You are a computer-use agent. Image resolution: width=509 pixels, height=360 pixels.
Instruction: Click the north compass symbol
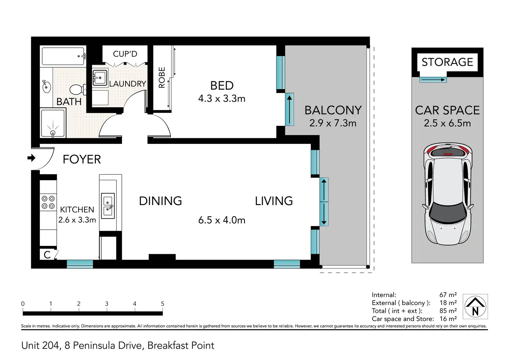point(475,306)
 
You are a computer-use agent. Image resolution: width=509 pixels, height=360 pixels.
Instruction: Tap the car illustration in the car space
point(448,194)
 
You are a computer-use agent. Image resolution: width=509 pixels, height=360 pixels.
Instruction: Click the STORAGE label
point(447,62)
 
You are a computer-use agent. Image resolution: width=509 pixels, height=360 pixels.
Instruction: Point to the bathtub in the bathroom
point(63,56)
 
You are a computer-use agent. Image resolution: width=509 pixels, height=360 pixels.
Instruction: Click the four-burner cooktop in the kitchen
point(48,202)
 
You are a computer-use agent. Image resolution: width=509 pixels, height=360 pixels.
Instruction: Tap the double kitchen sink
point(108,206)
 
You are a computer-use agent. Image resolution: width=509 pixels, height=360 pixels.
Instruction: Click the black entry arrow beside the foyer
point(31,158)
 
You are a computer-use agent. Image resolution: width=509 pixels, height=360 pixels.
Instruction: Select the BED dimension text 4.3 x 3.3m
point(222,99)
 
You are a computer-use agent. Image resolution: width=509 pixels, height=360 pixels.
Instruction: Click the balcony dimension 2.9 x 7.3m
point(333,123)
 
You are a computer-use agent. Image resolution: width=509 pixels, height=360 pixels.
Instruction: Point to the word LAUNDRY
point(128,84)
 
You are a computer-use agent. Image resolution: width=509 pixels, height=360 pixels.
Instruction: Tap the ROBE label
point(162,77)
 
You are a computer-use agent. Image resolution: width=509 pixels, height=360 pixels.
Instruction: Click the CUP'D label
point(125,54)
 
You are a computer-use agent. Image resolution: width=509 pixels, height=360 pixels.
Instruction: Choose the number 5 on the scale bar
point(163,304)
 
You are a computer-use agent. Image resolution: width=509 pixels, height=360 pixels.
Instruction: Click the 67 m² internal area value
point(448,295)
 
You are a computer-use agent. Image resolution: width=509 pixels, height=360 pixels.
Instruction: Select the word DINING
point(160,201)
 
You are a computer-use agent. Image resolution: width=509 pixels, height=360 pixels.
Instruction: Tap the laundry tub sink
point(100,78)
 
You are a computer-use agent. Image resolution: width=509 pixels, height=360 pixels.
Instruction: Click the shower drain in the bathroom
point(53,133)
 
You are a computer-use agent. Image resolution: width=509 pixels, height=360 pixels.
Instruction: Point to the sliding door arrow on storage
point(433,80)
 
